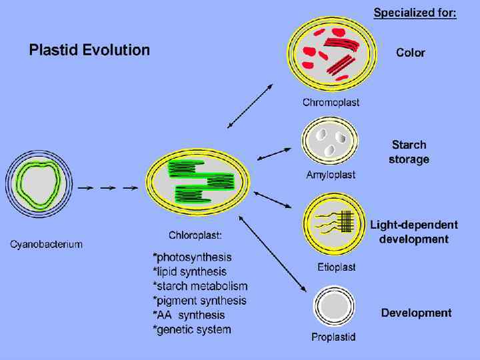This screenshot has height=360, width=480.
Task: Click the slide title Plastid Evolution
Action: click(89, 50)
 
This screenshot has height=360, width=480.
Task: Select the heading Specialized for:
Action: click(415, 13)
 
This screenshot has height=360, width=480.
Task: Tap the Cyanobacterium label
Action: click(46, 244)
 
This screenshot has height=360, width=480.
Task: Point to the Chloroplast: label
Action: click(195, 235)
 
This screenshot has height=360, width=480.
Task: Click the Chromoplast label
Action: click(331, 103)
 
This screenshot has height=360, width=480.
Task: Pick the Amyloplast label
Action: click(331, 175)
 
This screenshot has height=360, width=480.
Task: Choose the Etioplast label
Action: click(337, 267)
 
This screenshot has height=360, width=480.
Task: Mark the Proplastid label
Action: click(333, 337)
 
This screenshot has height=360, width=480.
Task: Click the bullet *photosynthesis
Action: click(192, 257)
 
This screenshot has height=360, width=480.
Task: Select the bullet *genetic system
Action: click(192, 329)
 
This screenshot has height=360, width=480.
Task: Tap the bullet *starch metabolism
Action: click(200, 286)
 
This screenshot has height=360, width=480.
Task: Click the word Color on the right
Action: click(411, 53)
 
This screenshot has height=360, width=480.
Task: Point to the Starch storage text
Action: click(409, 152)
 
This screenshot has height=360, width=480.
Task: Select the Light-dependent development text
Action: click(414, 232)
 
